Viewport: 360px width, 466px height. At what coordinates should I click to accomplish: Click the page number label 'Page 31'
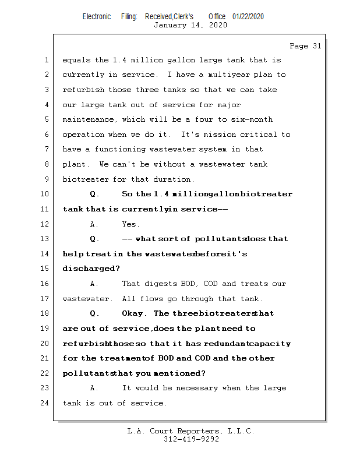305,46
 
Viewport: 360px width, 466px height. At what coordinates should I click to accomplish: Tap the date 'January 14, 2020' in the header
190,25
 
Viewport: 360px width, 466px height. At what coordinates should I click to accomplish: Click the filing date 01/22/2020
248,16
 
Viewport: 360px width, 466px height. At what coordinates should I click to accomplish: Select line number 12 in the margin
45,224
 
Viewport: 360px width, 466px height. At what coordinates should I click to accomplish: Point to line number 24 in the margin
45,403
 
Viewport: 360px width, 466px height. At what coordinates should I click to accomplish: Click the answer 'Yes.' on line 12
130,224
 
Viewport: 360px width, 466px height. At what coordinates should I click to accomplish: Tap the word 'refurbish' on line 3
83,90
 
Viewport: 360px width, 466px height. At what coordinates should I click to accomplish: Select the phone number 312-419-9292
191,439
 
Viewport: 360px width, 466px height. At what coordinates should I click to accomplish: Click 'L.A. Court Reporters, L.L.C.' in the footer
191,431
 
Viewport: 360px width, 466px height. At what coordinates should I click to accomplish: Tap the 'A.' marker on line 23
95,388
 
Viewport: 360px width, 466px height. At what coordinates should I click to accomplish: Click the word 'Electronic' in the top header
97,16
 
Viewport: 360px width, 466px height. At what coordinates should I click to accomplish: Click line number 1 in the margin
45,59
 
